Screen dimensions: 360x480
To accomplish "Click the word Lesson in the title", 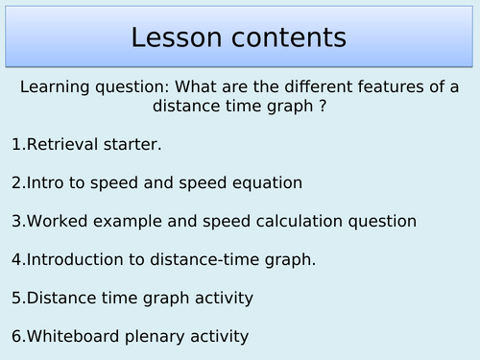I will coord(178,37).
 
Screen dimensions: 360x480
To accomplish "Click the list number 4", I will coord(16,259).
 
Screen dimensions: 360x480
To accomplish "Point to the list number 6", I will coord(16,336).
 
